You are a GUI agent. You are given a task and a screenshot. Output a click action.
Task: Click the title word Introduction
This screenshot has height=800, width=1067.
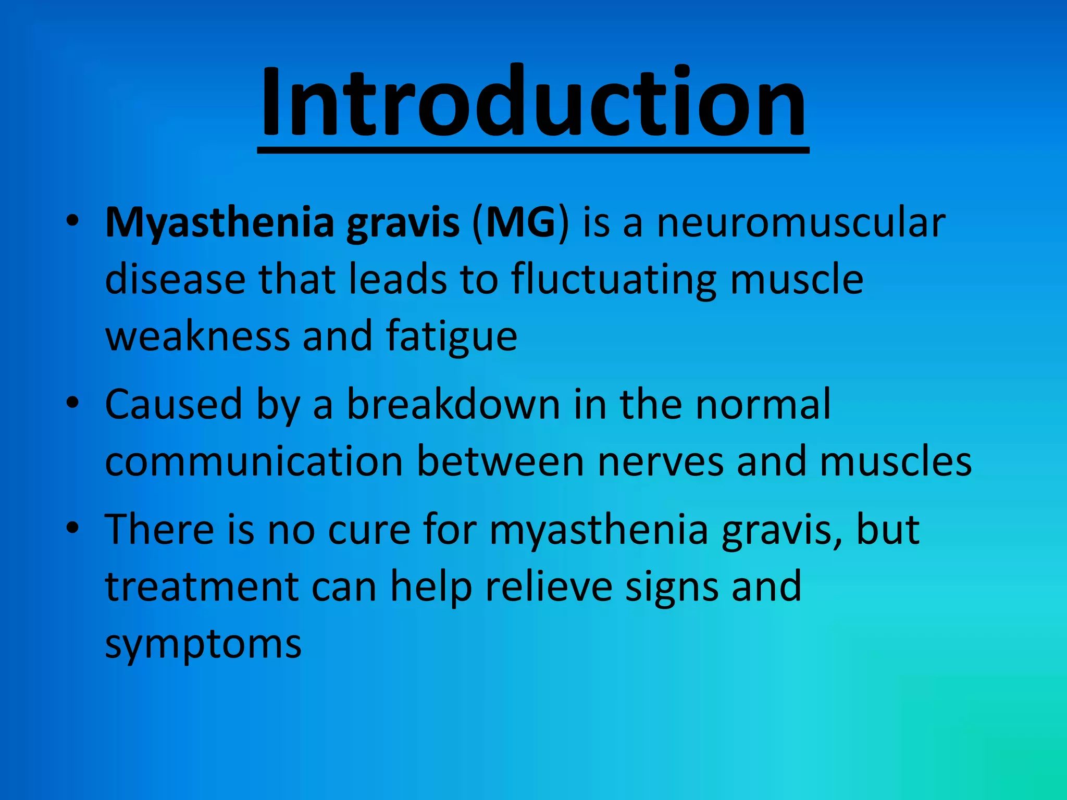[533, 102]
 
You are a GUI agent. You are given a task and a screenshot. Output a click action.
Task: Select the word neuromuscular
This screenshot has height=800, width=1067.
[801, 223]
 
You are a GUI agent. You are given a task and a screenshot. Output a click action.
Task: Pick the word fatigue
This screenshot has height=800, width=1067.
[452, 337]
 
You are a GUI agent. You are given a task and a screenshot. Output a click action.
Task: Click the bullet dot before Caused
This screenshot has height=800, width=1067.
[72, 403]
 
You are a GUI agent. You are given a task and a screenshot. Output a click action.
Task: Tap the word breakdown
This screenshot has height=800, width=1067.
[453, 404]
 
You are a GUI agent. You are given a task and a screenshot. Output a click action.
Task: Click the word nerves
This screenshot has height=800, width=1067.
[660, 462]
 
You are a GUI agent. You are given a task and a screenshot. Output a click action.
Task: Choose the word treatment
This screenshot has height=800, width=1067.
[202, 587]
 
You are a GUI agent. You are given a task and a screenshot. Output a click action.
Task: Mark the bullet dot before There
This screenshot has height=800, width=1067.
[72, 528]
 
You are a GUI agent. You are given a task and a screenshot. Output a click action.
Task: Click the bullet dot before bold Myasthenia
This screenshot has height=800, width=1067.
[72, 221]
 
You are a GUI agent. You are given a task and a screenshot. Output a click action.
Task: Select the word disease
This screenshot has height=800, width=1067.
[175, 279]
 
